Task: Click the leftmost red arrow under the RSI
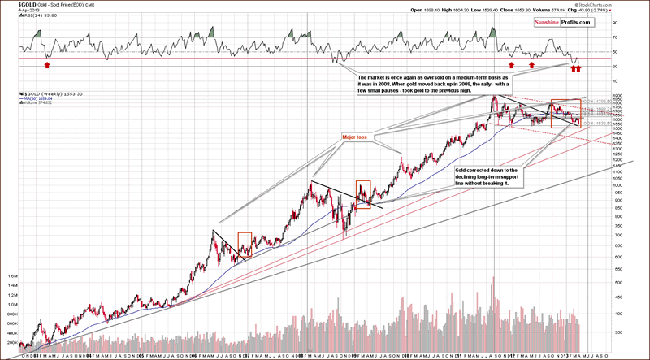(48, 63)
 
